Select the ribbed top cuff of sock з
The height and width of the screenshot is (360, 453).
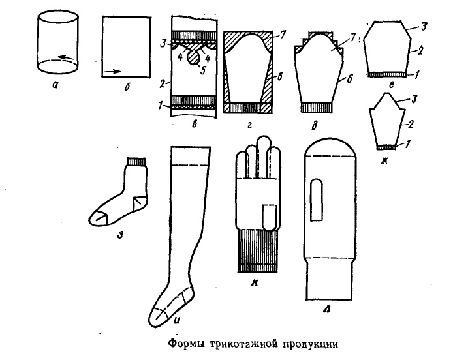pos(136,160)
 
